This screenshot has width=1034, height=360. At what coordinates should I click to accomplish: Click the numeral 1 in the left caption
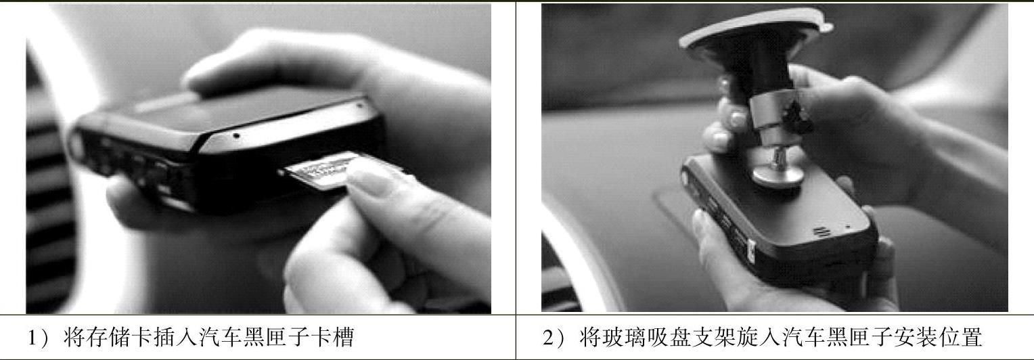click(32, 338)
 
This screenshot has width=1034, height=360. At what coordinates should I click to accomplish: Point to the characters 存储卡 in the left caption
click(108, 337)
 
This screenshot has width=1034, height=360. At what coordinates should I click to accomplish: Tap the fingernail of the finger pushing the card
click(369, 181)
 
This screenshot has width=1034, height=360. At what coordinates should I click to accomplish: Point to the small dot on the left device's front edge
click(236, 136)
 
